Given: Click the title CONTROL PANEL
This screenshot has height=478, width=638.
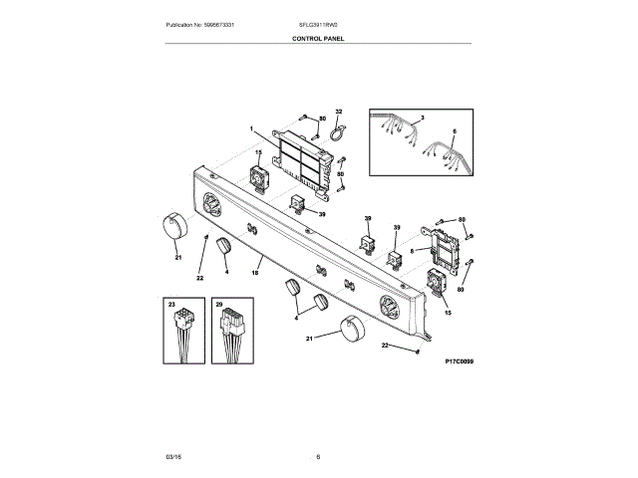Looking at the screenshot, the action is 319,38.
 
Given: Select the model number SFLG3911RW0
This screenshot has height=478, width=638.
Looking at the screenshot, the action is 318,24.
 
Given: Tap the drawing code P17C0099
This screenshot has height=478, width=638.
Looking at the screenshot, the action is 459,361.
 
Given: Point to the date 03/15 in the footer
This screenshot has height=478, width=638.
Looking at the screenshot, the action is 172,457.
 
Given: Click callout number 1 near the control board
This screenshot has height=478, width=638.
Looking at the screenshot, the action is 252,128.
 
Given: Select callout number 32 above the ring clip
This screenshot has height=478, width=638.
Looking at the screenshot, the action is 338,113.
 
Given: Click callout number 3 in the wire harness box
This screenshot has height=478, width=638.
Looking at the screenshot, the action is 422,119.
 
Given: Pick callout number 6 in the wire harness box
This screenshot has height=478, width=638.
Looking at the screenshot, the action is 454,131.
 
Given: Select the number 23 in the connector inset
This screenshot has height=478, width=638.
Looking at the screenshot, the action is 171,303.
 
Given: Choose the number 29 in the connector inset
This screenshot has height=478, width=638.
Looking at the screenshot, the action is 218,303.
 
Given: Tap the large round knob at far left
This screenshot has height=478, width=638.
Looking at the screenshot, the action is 171,227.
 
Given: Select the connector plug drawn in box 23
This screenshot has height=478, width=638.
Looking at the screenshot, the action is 182,324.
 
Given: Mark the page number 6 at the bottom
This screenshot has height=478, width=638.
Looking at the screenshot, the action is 318,457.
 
